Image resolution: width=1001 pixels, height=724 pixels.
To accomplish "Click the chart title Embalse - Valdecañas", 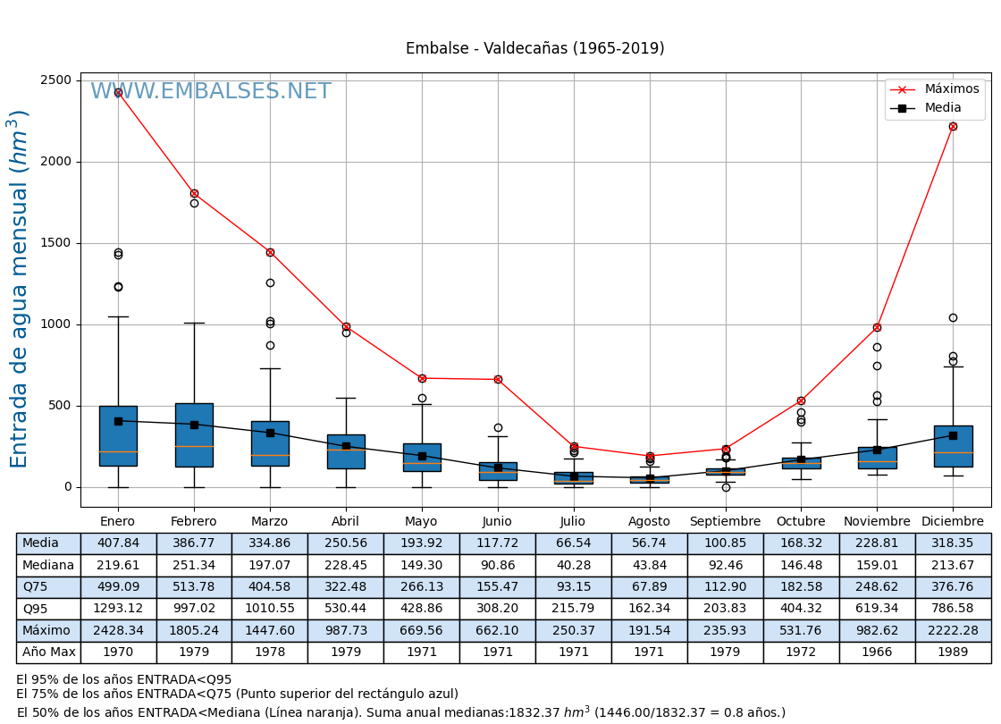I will tap(534, 49).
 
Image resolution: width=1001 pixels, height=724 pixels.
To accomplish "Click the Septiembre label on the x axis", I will tap(725, 522).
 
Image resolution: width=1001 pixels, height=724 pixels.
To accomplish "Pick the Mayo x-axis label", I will tap(421, 522).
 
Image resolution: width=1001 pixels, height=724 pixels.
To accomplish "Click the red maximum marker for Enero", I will tap(118, 92).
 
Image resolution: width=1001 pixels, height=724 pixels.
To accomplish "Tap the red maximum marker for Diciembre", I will tap(953, 126).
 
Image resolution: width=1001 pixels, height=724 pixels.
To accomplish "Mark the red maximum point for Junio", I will tap(498, 379).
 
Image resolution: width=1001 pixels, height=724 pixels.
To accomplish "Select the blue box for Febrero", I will tap(194, 434).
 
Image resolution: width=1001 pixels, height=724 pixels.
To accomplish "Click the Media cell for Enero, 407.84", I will tap(118, 543).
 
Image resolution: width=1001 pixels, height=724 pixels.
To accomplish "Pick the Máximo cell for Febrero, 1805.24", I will tap(194, 630).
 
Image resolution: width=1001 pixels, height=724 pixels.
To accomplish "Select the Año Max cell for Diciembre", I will tap(953, 652).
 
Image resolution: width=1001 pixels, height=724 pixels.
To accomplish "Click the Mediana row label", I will tap(48, 566).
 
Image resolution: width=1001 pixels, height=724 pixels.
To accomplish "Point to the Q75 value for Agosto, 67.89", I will tap(649, 587).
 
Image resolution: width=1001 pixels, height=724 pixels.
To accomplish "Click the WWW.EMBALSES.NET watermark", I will tap(211, 92).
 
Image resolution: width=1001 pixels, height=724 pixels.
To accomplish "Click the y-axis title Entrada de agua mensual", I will tap(20, 289).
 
